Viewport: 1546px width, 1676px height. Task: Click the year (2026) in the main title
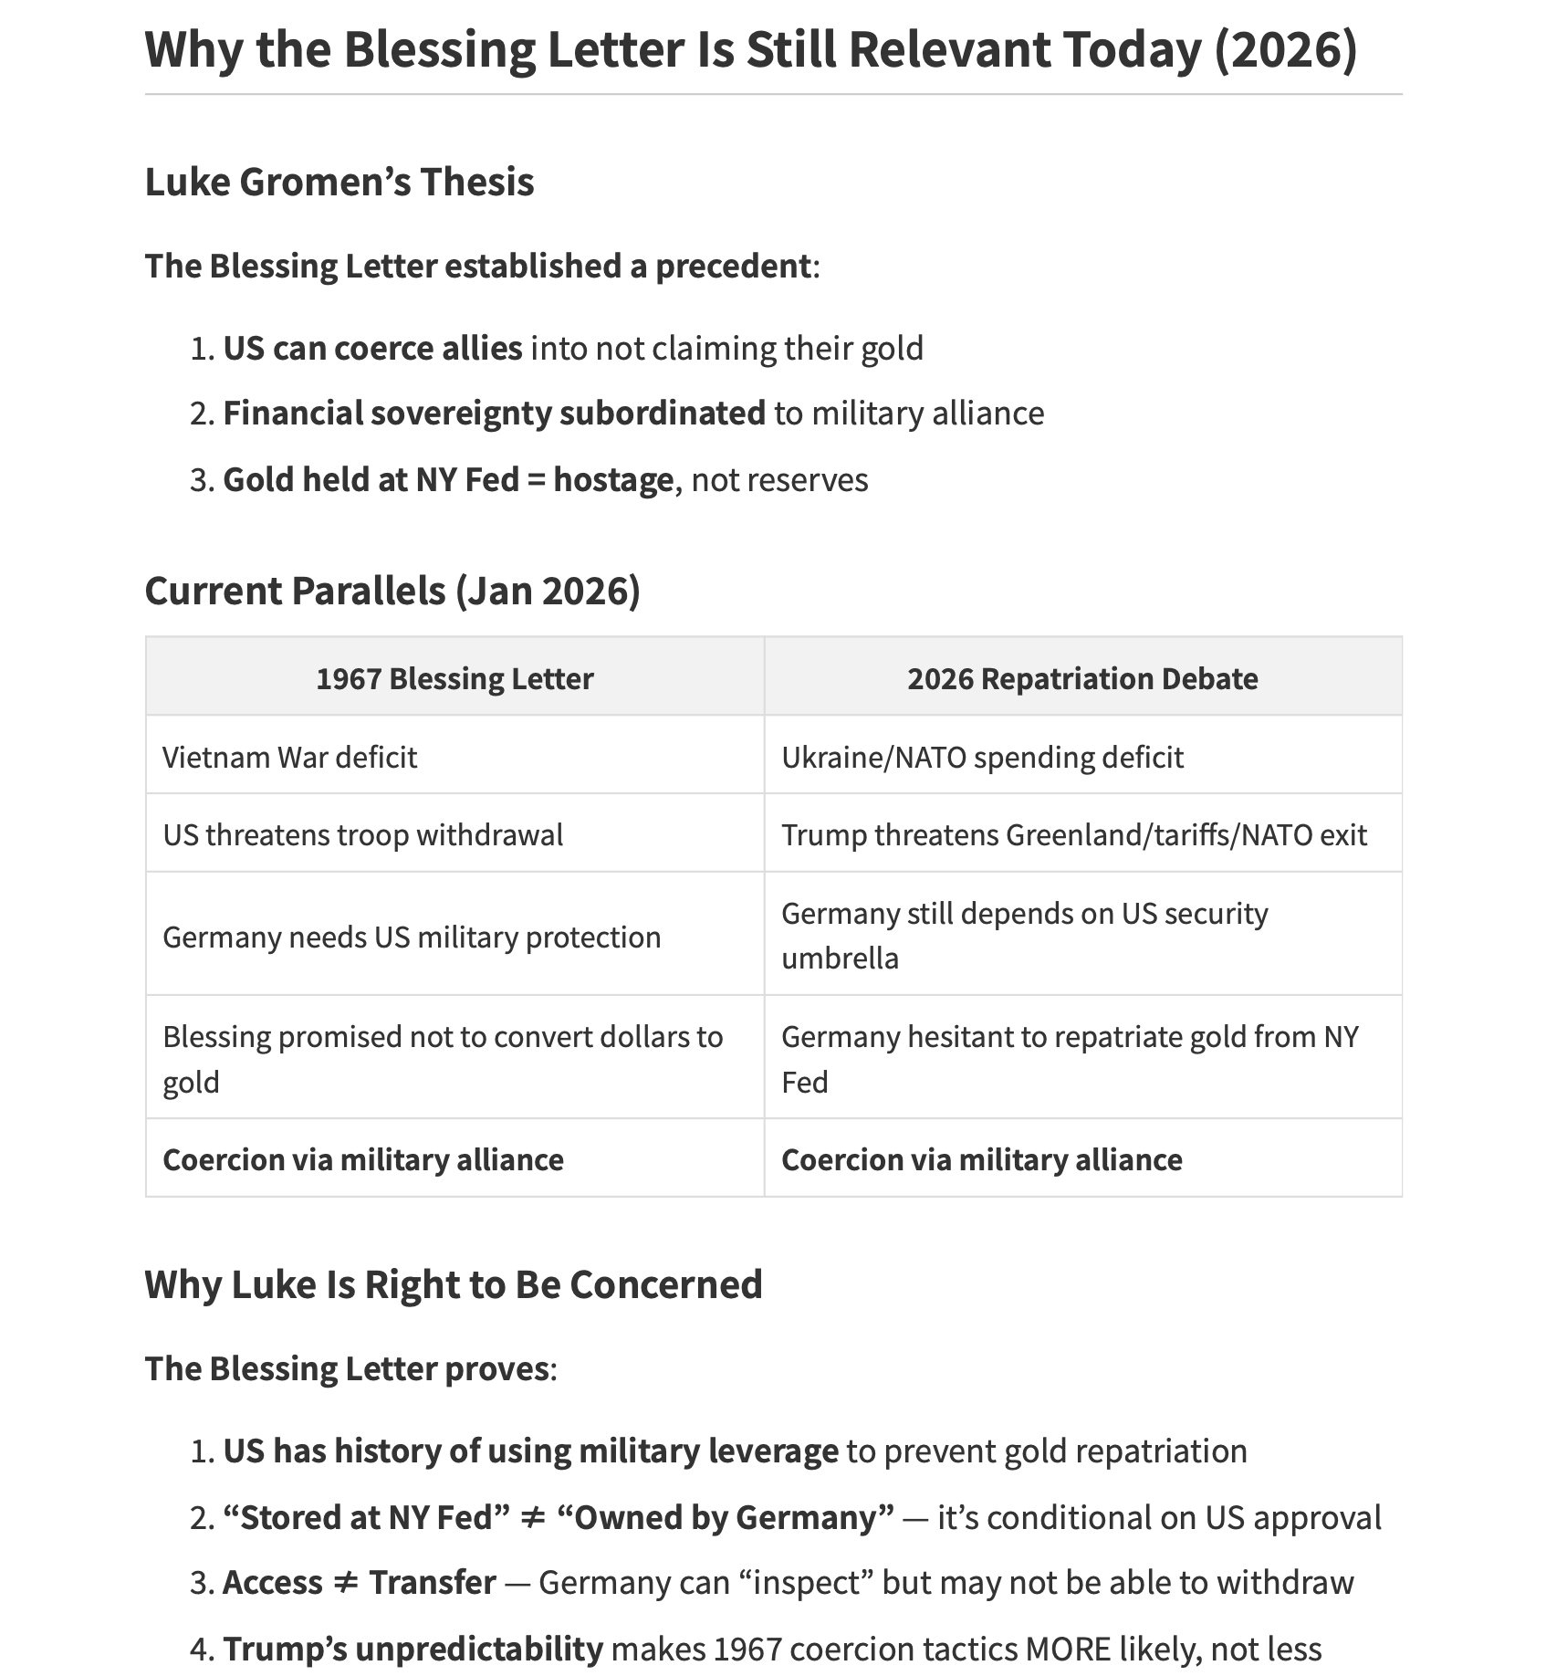pos(1285,49)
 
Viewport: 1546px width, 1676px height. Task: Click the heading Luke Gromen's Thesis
pos(339,182)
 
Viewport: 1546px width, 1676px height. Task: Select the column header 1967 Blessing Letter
pos(454,678)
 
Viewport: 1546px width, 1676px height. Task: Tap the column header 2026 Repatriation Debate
pos(1082,678)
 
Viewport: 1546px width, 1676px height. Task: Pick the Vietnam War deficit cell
pos(289,757)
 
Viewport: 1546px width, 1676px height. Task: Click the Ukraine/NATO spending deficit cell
pos(982,757)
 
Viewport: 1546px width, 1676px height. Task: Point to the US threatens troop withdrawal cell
pos(362,834)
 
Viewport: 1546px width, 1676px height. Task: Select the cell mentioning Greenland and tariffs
pos(1073,834)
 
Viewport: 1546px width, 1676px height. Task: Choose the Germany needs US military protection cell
pos(412,937)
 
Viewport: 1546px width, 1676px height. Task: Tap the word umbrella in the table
pos(840,958)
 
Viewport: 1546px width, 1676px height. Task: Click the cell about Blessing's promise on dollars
pos(443,1058)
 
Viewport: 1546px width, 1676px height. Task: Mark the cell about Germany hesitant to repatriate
pos(1070,1058)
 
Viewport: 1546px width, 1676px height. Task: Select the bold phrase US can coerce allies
pos(372,348)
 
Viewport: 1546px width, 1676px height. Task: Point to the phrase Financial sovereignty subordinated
pos(494,413)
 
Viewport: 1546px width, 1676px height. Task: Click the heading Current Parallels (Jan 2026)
pos(392,591)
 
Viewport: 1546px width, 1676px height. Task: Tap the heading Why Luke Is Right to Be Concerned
pos(453,1284)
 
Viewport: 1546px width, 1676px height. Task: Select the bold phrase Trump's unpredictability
pos(413,1649)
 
